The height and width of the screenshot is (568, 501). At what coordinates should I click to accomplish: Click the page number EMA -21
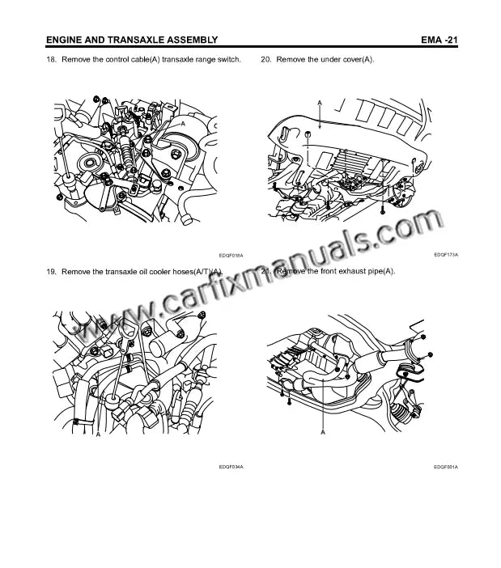pos(440,40)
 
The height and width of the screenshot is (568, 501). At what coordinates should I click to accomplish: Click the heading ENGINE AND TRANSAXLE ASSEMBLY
pos(131,40)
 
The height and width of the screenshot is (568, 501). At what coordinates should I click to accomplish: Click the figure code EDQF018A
pos(231,255)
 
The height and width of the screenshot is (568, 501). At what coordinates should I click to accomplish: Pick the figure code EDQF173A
pos(445,254)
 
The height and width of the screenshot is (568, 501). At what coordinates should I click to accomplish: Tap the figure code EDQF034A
pos(231,467)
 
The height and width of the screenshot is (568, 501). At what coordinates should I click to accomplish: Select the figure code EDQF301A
pos(445,467)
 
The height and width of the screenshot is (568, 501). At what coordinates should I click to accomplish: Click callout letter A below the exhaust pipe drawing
pos(322,434)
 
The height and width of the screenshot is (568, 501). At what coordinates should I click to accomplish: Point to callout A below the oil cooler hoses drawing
pos(97,435)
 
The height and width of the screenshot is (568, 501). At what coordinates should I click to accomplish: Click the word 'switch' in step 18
pos(229,61)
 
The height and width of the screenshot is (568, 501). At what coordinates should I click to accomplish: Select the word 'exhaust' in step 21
pos(339,271)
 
